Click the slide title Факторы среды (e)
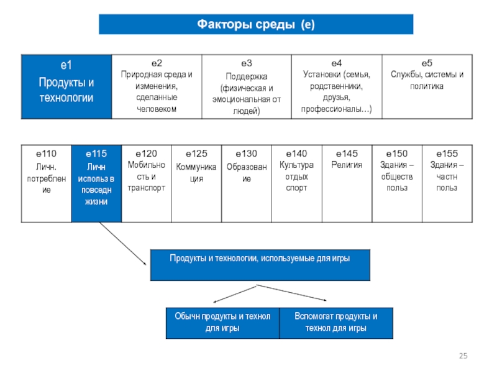pyautogui.click(x=256, y=24)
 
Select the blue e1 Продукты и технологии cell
pyautogui.click(x=66, y=86)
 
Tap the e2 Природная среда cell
pyautogui.click(x=156, y=86)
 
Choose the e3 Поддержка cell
pyautogui.click(x=246, y=86)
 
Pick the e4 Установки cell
pyautogui.click(x=336, y=86)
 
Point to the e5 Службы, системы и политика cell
pyautogui.click(x=427, y=86)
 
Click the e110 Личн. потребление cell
pyautogui.click(x=46, y=183)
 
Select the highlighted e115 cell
pyautogui.click(x=96, y=183)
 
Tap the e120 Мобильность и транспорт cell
pyautogui.click(x=146, y=183)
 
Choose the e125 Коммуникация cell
pyautogui.click(x=196, y=183)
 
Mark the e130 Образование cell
pyautogui.click(x=247, y=183)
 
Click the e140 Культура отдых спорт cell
pyautogui.click(x=296, y=183)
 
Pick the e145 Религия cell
pyautogui.click(x=347, y=183)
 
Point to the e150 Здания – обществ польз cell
pyautogui.click(x=396, y=183)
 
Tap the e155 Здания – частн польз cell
pyautogui.click(x=447, y=183)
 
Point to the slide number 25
pyautogui.click(x=462, y=356)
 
